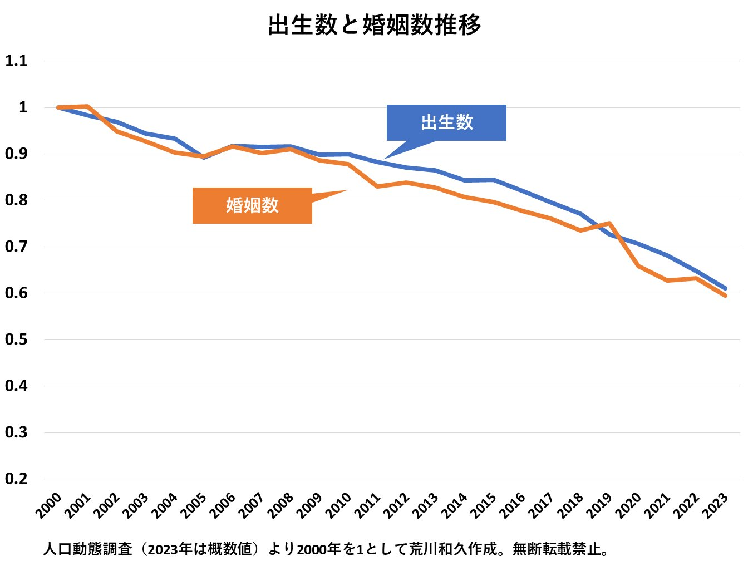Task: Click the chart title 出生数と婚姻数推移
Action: (x=374, y=25)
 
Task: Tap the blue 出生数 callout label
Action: (x=446, y=122)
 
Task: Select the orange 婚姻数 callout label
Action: (x=252, y=205)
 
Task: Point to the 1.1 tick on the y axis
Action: (x=16, y=61)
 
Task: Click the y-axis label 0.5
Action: (x=16, y=339)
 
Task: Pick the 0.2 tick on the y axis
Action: (x=16, y=479)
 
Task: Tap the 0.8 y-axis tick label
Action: (x=16, y=200)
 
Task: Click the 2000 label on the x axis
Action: (x=49, y=505)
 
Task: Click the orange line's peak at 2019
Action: (x=610, y=223)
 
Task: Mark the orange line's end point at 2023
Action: (x=726, y=296)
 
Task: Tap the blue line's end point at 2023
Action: (x=726, y=288)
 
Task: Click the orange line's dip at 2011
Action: (x=377, y=186)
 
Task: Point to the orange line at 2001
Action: (x=87, y=106)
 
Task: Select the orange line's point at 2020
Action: (x=639, y=266)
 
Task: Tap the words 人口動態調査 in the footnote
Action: (x=88, y=549)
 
